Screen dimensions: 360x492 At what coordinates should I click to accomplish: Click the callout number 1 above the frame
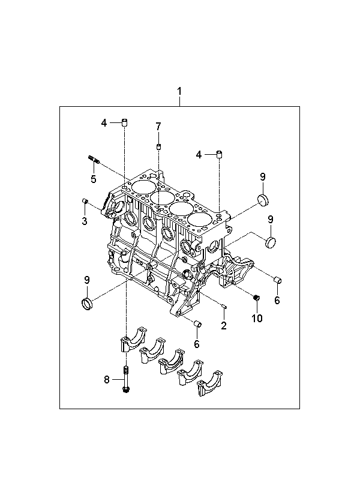point(179,91)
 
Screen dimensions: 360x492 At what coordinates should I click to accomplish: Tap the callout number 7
point(158,127)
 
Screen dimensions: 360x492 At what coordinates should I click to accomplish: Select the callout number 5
point(93,179)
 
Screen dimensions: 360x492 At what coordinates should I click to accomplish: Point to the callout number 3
point(85,221)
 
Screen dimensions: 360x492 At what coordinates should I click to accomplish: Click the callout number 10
point(257,318)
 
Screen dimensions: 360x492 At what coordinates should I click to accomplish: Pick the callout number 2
point(223,326)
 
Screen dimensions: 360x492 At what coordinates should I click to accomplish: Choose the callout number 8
point(107,380)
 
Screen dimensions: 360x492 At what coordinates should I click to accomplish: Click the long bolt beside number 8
point(126,380)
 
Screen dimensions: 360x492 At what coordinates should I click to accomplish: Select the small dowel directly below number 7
point(158,146)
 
